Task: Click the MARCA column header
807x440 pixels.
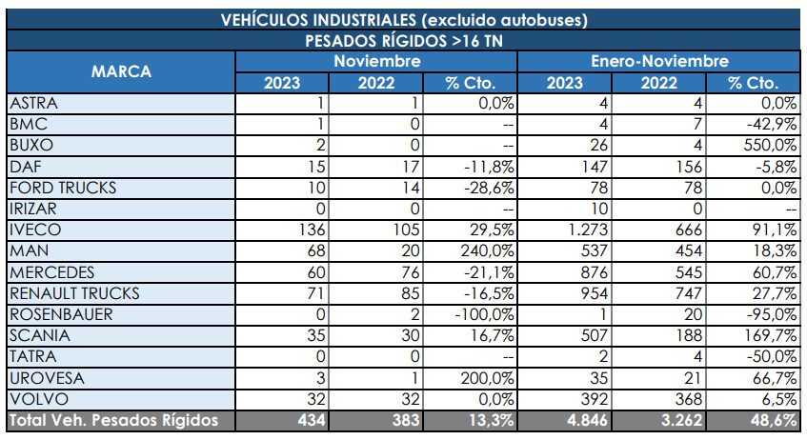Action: pyautogui.click(x=121, y=71)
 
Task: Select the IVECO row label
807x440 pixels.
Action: pyautogui.click(x=34, y=230)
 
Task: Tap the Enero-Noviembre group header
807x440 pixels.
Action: pyautogui.click(x=658, y=61)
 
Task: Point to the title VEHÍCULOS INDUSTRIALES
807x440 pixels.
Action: pyautogui.click(x=403, y=20)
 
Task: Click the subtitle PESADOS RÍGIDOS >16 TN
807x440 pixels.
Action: pyautogui.click(x=403, y=40)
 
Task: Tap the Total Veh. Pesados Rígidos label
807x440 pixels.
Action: pyautogui.click(x=112, y=420)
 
